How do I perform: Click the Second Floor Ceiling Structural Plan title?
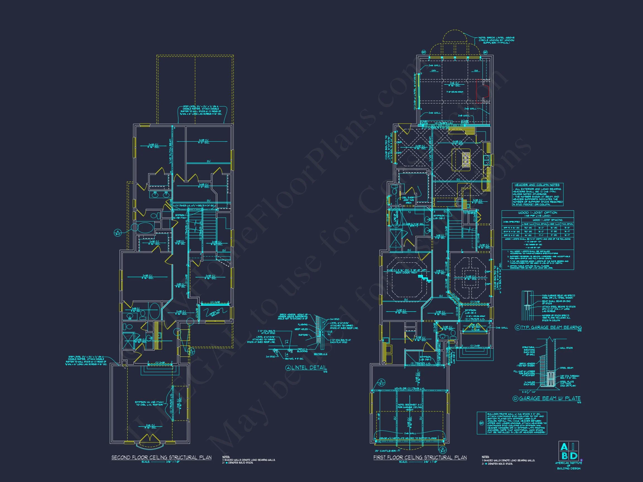(x=161, y=457)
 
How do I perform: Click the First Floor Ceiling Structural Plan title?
(x=420, y=457)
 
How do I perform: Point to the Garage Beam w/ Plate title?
(x=550, y=398)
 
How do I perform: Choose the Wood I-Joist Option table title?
(x=538, y=213)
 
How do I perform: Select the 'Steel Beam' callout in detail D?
(x=566, y=368)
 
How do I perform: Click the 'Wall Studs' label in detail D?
(x=566, y=348)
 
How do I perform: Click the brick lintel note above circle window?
(x=496, y=40)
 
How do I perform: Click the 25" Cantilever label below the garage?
(x=385, y=451)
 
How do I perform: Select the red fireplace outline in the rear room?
(x=483, y=91)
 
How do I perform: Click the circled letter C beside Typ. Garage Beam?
(x=517, y=328)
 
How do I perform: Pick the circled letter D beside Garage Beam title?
(x=515, y=399)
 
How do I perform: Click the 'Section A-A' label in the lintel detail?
(x=320, y=354)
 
